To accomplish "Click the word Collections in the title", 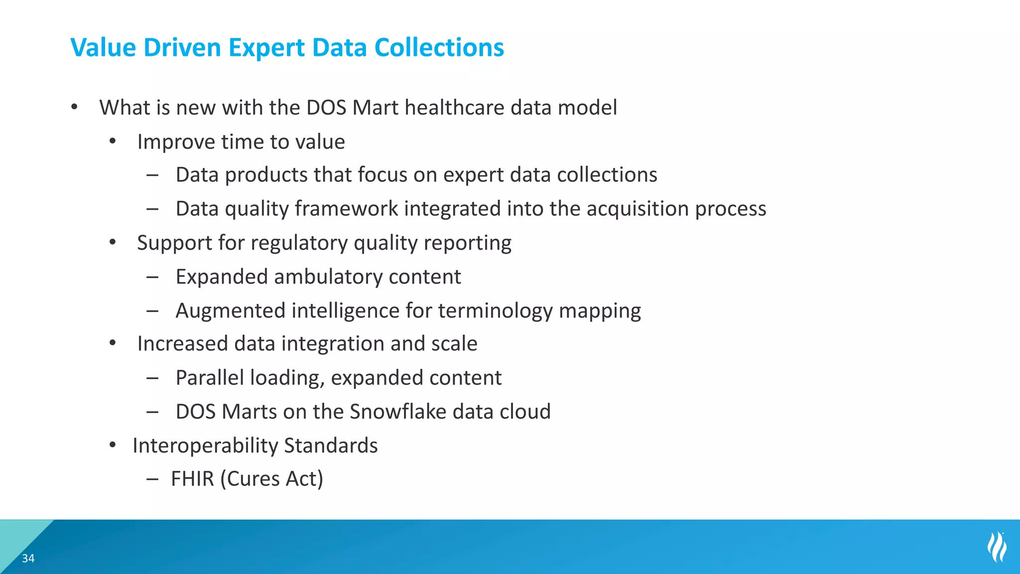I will click(x=439, y=48).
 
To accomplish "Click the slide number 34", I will click(x=28, y=558).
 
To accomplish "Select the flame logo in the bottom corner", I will click(x=997, y=547).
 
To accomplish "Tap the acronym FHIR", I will click(x=192, y=479).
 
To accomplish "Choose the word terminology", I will click(x=495, y=311).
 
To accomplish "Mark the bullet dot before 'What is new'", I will click(x=74, y=107).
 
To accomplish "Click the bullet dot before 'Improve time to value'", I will click(x=113, y=142).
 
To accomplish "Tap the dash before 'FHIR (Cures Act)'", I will click(x=152, y=479).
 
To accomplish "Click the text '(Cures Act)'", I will click(x=272, y=479).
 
